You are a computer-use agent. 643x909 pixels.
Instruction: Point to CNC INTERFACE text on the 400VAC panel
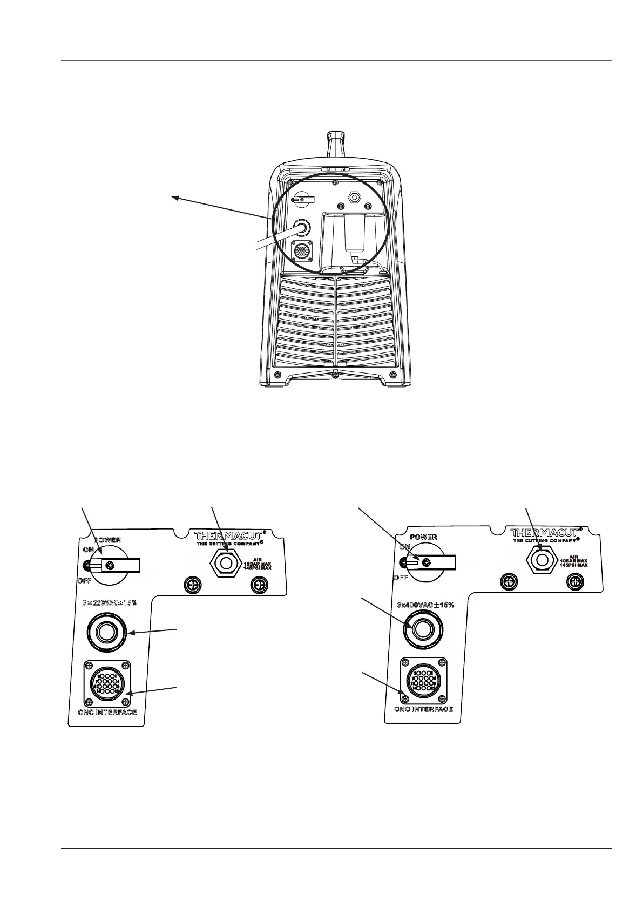[423, 709]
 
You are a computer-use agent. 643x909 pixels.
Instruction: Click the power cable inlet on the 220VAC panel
[105, 630]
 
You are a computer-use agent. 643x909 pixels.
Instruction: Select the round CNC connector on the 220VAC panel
[106, 683]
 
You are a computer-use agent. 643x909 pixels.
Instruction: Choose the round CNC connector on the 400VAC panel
[423, 680]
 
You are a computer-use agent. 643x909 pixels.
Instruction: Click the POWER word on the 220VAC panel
[107, 540]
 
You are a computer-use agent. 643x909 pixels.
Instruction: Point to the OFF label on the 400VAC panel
[400, 578]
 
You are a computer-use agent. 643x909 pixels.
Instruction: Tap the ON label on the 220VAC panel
[88, 550]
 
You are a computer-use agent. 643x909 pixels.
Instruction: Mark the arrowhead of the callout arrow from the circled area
[174, 198]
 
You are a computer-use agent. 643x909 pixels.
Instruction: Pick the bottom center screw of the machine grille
[335, 375]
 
